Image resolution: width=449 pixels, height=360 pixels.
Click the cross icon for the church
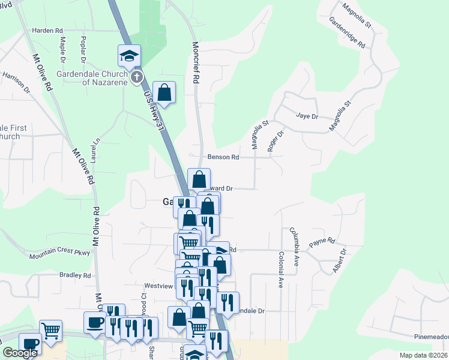[x=137, y=77]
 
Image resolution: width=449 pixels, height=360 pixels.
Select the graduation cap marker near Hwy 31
[x=129, y=56]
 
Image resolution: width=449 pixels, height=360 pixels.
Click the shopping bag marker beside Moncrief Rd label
[x=164, y=93]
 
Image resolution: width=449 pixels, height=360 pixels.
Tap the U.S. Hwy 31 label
[x=154, y=108]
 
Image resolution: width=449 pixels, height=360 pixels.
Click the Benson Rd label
[x=223, y=157]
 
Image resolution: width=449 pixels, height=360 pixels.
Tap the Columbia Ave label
[x=294, y=246]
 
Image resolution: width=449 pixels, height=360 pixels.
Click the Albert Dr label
[x=340, y=260]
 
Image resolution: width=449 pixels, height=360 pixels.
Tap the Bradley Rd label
[x=75, y=275]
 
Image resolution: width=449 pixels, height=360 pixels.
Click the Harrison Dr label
[x=16, y=83]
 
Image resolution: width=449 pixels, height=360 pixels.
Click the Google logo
[x=20, y=353]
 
